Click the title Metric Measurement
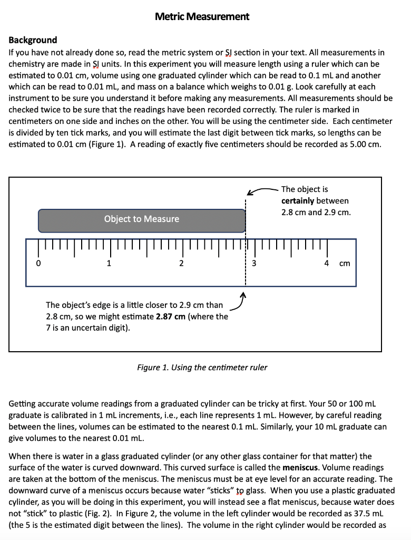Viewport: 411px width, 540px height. [x=202, y=16]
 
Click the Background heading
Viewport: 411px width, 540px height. [x=33, y=40]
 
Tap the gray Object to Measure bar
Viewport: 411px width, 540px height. [x=141, y=219]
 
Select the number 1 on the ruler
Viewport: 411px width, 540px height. [x=109, y=263]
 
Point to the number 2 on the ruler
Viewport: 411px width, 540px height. [x=181, y=263]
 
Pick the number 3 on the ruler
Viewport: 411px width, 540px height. [x=253, y=263]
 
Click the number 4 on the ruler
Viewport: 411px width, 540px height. [x=326, y=263]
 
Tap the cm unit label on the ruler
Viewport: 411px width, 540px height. [x=344, y=263]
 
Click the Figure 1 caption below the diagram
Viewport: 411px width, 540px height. [x=202, y=368]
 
